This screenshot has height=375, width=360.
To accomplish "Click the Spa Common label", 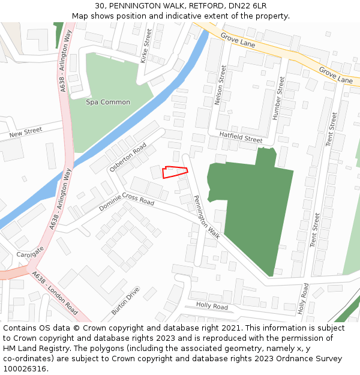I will coord(108,102).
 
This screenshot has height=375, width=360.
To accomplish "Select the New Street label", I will coord(26,131).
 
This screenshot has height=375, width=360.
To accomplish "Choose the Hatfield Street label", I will coord(241,138).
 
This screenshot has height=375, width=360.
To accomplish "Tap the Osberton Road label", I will coord(128,157).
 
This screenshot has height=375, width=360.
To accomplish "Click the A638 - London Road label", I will coord(55,293).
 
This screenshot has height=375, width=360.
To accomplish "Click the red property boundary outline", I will coord(175,172).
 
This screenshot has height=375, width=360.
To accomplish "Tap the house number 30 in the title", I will coord(100,5).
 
